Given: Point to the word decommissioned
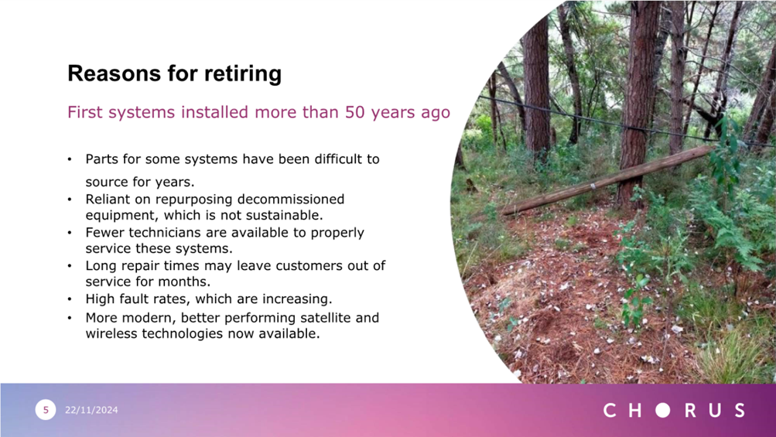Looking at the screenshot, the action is (291, 200).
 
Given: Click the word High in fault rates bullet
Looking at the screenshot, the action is (99, 299).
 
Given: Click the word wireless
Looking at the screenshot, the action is (111, 333).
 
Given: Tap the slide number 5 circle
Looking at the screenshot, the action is (46, 410).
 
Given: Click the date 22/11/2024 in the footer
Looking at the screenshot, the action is (91, 410).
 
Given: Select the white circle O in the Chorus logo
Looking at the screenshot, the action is (663, 410).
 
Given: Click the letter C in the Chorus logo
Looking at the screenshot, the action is (610, 410).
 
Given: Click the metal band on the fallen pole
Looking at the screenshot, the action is (593, 186).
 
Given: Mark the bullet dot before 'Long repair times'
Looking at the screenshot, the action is (70, 266).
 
